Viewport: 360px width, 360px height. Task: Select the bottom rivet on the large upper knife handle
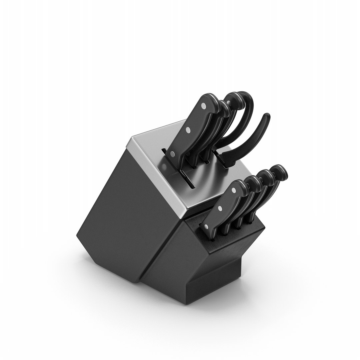click(172, 154)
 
